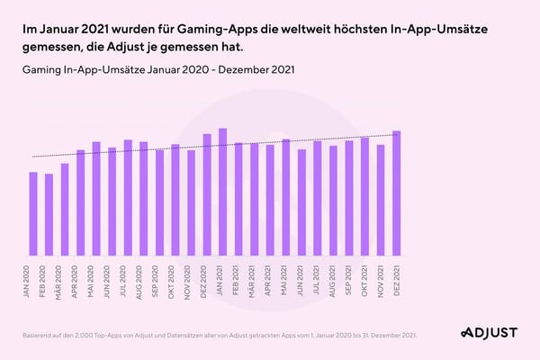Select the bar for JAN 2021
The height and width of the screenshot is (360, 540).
click(222, 193)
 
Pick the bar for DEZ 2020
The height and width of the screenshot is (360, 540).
click(207, 195)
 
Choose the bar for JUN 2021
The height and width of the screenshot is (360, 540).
click(301, 202)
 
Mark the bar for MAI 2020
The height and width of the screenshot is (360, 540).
click(96, 199)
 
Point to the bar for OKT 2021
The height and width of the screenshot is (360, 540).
click(364, 197)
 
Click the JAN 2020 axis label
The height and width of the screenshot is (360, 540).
click(33, 280)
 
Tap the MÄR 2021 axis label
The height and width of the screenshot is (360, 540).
click(255, 280)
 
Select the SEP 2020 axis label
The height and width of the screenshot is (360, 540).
click(160, 280)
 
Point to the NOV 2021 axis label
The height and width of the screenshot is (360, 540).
click(381, 280)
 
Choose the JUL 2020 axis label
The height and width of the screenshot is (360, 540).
click(128, 280)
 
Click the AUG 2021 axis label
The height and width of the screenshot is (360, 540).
click(333, 280)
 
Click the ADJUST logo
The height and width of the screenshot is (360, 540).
click(489, 333)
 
